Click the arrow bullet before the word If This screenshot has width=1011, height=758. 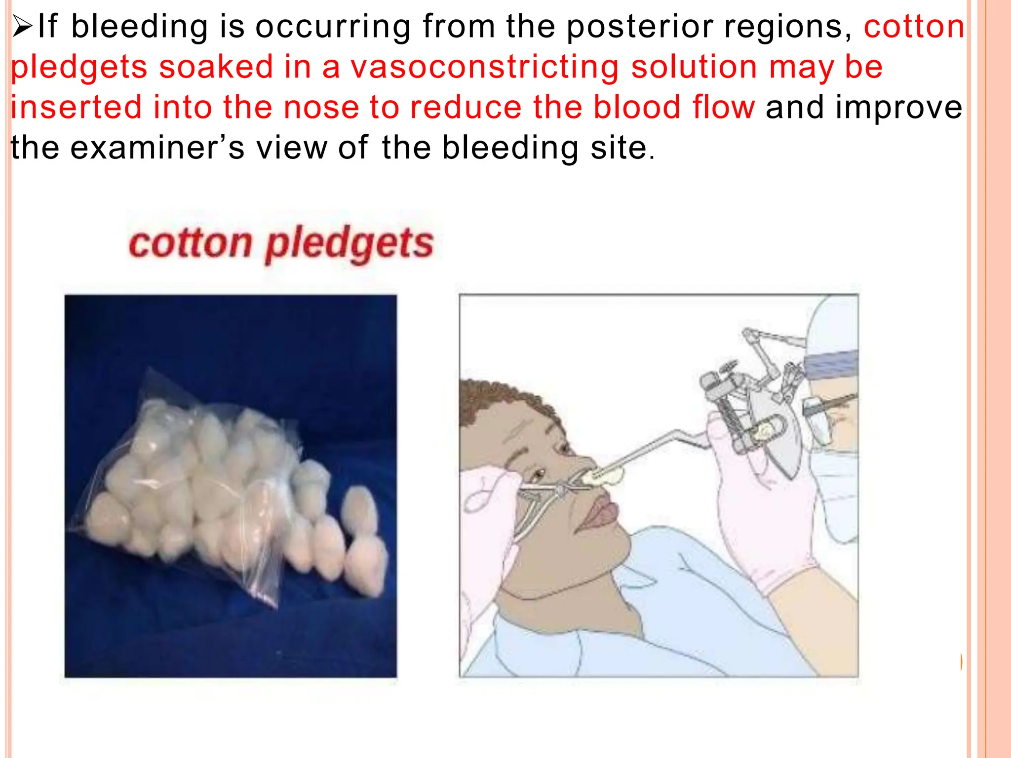click(x=22, y=27)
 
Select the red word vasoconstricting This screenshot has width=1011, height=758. click(x=485, y=68)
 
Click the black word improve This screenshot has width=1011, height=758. click(x=898, y=108)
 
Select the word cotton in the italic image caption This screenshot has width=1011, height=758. click(x=190, y=244)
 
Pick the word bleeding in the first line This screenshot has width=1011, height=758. click(x=140, y=27)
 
